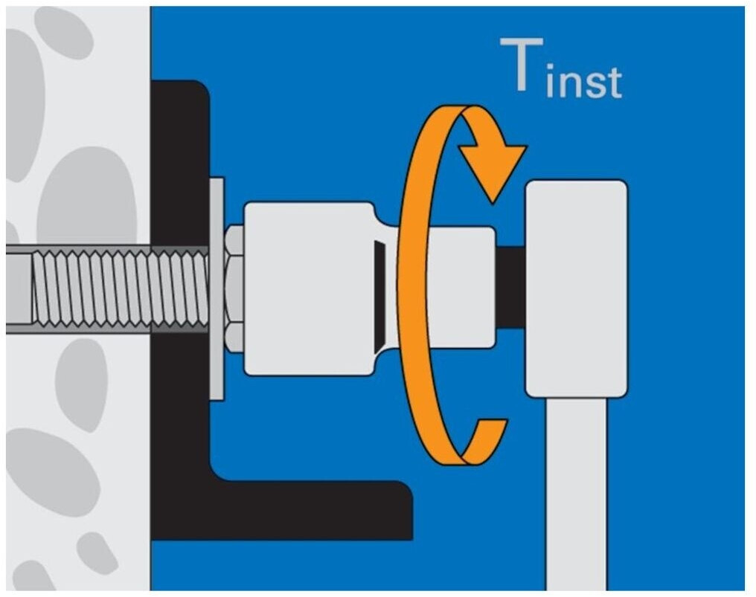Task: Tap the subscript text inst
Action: click(583, 82)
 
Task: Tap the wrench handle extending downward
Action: click(576, 491)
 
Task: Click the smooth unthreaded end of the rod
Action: click(18, 288)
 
